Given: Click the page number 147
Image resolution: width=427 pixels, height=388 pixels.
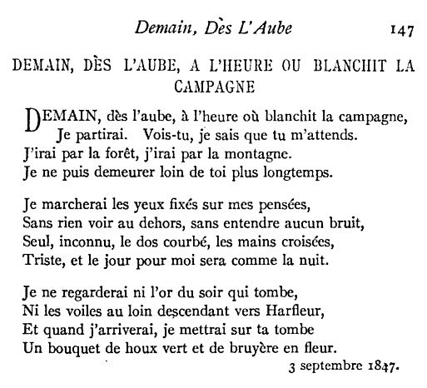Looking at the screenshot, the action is click(x=400, y=30).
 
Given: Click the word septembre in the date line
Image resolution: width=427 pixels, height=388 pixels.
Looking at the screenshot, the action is click(x=335, y=366).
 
